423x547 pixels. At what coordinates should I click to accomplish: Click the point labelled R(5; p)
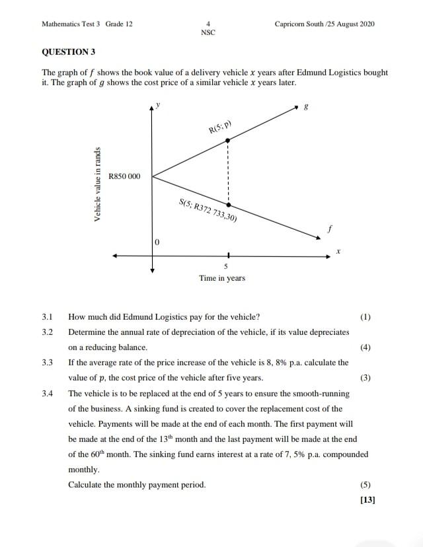coord(228,140)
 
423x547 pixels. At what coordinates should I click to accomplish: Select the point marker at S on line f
coord(228,205)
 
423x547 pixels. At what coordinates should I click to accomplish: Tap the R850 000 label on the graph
coord(124,176)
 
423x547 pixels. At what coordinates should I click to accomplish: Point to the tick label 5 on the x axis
coord(226,266)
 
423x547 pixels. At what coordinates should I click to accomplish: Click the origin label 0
coord(157,244)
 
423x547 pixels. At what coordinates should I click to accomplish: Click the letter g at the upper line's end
coord(305,106)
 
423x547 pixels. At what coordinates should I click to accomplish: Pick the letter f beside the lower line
coord(328,228)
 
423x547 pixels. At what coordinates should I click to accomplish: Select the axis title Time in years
coord(222,278)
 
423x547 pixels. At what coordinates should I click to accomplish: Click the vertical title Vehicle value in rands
coord(98,184)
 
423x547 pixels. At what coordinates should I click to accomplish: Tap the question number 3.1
coord(47,316)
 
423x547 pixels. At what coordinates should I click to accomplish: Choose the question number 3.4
coord(47,393)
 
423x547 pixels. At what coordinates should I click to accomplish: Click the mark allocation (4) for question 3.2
coord(365,347)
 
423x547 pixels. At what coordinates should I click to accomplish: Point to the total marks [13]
coord(367,499)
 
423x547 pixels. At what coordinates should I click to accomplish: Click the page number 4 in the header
coord(208,24)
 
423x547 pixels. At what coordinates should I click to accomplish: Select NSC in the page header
coord(208,32)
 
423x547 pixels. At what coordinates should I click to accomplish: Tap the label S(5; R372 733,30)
coord(208,209)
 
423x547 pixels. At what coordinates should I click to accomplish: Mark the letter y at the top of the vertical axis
coord(157,104)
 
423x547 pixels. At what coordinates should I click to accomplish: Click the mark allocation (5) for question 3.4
coord(365,484)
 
